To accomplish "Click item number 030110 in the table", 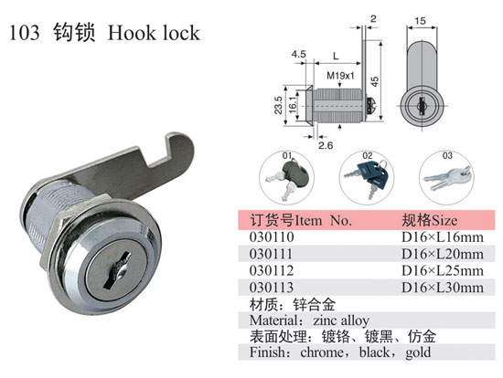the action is click(x=272, y=237).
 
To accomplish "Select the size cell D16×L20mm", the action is click(x=443, y=254).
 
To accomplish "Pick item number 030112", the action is click(x=272, y=270).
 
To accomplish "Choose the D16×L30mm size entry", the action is click(x=443, y=288).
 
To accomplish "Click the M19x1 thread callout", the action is click(x=340, y=76).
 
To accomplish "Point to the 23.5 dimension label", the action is click(x=278, y=105).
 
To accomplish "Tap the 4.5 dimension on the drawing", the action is click(x=299, y=54).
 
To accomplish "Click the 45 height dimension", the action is click(x=374, y=81).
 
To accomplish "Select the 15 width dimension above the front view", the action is click(x=420, y=21).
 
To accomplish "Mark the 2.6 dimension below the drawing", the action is click(x=326, y=145).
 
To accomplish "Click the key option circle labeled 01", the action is click(x=286, y=177).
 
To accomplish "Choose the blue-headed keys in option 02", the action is click(x=369, y=178).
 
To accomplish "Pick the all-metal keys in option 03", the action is click(x=448, y=177).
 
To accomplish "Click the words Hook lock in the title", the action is click(x=154, y=33).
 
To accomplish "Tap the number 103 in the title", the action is click(x=25, y=33).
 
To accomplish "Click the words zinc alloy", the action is click(x=341, y=320).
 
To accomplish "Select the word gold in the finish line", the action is click(x=418, y=352).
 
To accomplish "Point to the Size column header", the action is click(x=430, y=220).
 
